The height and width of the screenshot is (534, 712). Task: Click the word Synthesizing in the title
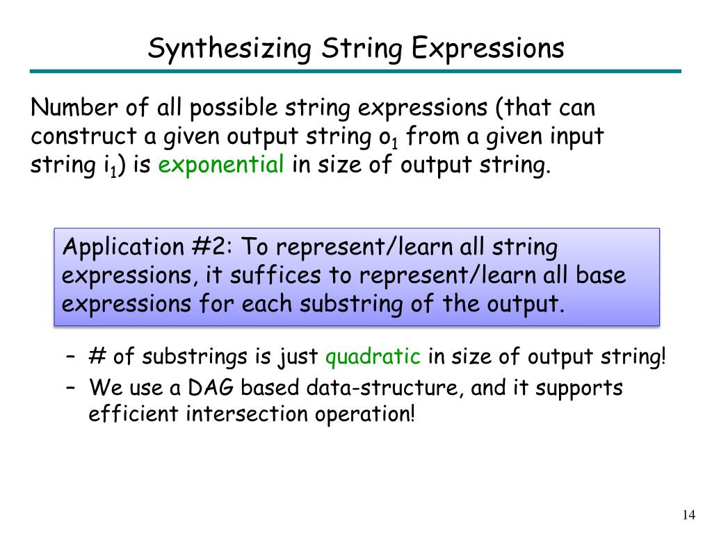point(229,49)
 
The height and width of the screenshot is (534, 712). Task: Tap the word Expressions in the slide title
point(487,49)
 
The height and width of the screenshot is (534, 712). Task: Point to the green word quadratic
point(373,357)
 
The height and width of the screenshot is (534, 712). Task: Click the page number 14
point(688,515)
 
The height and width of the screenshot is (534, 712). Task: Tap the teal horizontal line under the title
point(355,71)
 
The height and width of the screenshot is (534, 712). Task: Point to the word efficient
point(133,414)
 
